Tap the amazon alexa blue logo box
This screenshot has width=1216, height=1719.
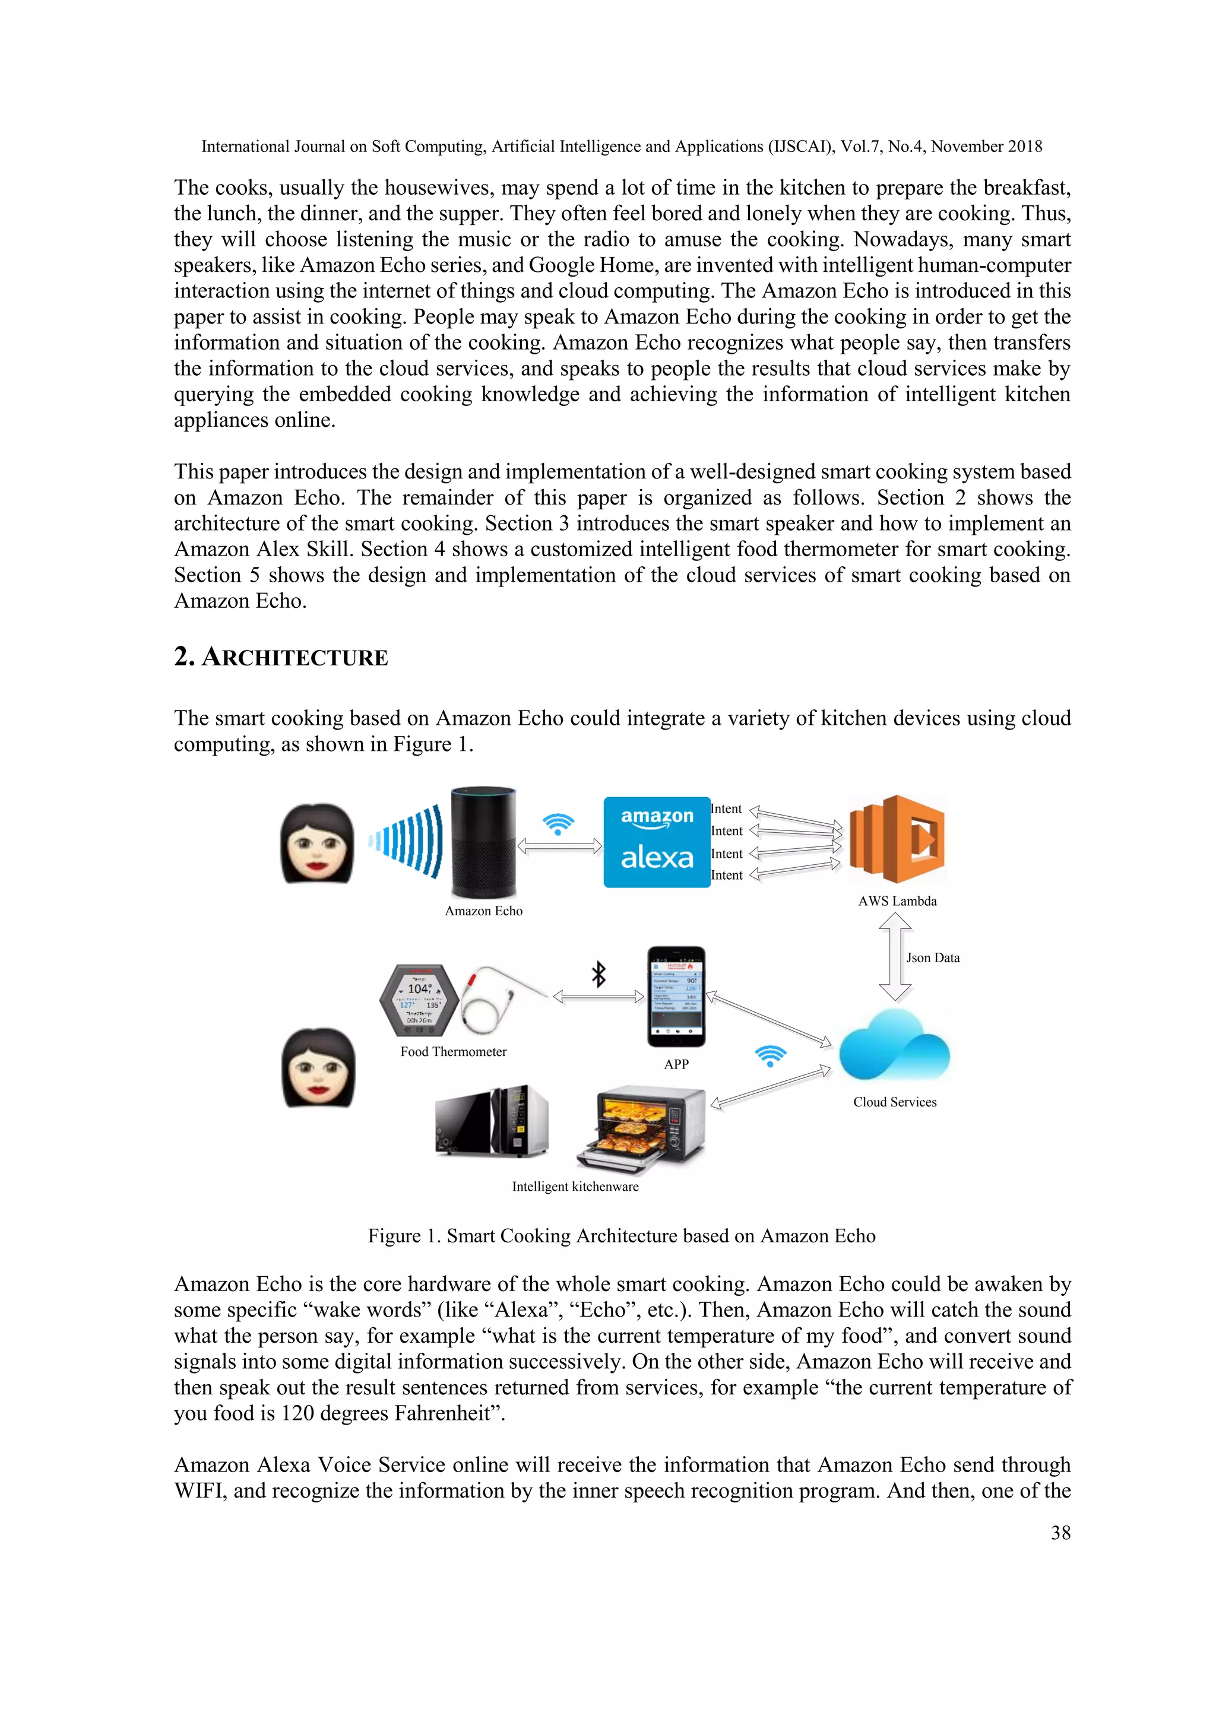click(x=657, y=842)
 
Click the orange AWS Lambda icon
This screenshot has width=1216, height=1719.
click(x=897, y=839)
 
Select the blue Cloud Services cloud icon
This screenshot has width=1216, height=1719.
click(x=894, y=1045)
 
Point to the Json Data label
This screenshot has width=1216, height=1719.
click(x=932, y=957)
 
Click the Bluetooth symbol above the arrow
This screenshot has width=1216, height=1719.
click(x=598, y=974)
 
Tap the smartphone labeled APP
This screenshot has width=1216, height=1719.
click(x=676, y=997)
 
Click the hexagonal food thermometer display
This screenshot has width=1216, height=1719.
click(x=419, y=1000)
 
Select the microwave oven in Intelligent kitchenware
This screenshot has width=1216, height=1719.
click(x=492, y=1121)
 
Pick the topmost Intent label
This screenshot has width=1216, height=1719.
click(x=726, y=808)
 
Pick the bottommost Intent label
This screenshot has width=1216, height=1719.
click(x=726, y=875)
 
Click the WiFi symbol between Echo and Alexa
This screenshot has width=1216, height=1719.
click(x=558, y=823)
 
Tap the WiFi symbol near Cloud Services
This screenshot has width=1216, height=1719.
click(x=771, y=1055)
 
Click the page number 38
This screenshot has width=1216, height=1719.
click(x=1060, y=1533)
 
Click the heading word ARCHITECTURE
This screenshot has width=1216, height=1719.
click(x=295, y=658)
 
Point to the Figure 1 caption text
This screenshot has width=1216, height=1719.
click(x=622, y=1235)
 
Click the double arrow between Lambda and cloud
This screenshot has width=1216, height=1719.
click(x=895, y=957)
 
